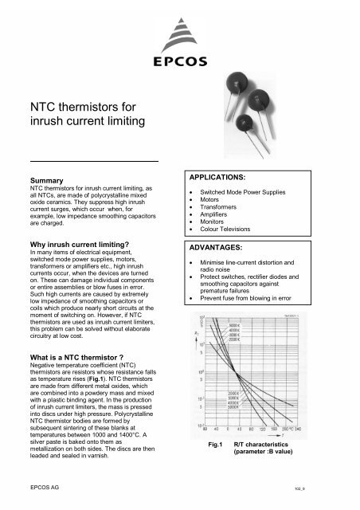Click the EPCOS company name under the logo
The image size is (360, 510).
point(180,59)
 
